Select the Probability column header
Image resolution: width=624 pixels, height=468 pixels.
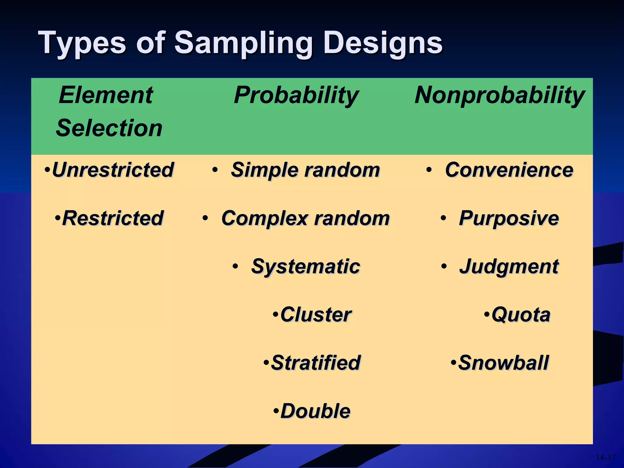tap(296, 95)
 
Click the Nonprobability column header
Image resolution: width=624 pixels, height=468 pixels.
tap(500, 95)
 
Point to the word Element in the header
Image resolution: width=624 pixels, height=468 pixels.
tap(106, 95)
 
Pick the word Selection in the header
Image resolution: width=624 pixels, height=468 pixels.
tap(109, 128)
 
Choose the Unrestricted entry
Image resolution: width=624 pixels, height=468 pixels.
tap(113, 170)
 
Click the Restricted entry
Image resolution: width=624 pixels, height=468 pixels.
tap(113, 218)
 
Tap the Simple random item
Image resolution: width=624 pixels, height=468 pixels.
tap(305, 170)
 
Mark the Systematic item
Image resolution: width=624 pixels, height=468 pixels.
tap(306, 267)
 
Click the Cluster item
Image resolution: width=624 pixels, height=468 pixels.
tap(316, 315)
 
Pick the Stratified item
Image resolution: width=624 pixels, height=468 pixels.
tap(316, 363)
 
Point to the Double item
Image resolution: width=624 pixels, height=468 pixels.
tap(315, 411)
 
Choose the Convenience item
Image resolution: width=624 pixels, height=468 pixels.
tap(509, 170)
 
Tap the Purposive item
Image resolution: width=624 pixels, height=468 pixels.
tap(509, 218)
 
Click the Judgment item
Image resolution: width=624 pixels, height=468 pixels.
tap(509, 267)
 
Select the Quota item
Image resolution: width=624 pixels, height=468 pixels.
tap(521, 315)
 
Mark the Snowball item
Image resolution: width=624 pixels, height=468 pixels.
tap(503, 363)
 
